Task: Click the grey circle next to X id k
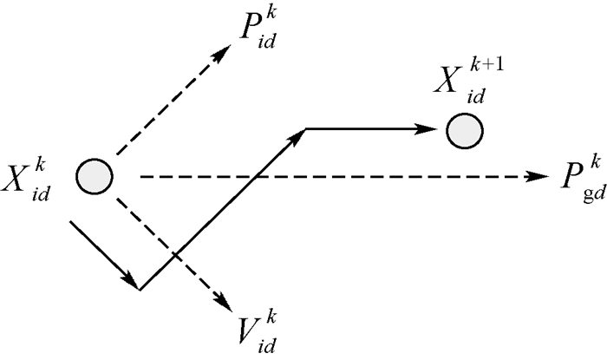[94, 177]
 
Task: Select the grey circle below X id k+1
[465, 131]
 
